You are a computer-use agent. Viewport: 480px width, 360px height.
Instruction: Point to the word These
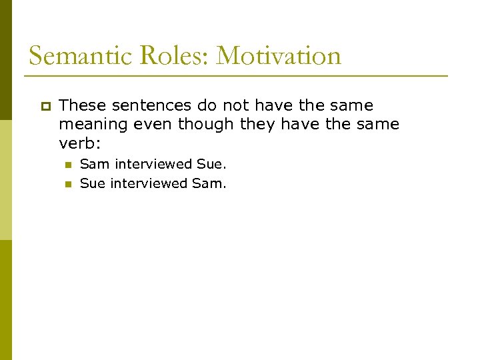pos(83,105)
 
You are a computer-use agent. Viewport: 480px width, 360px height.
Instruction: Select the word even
pos(156,124)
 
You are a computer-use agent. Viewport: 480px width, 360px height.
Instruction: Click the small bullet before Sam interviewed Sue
pos(67,164)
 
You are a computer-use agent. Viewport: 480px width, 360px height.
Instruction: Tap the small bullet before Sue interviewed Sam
pos(67,183)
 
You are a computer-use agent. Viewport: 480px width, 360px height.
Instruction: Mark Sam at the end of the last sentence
pos(209,183)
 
